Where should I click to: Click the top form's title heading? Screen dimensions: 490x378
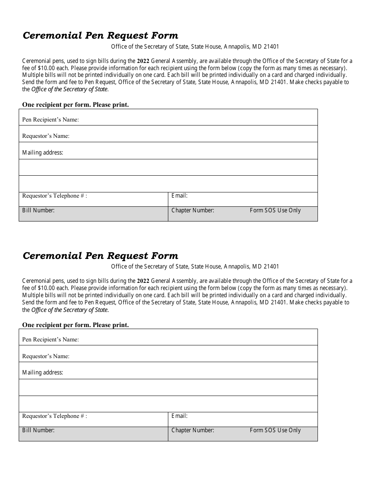click(x=100, y=35)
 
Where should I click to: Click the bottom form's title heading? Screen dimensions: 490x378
click(x=100, y=255)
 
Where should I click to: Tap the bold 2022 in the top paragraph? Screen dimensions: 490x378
click(x=143, y=61)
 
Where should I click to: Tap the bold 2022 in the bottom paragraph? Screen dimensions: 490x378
click(x=143, y=281)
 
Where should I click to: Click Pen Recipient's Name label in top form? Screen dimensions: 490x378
click(x=51, y=120)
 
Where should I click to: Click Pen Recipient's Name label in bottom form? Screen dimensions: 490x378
click(x=51, y=339)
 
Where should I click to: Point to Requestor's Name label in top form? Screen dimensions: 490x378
click(x=46, y=136)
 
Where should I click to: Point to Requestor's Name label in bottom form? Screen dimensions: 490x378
click(x=46, y=356)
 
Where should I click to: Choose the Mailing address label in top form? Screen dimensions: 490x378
click(x=43, y=153)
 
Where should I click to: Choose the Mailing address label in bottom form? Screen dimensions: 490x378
click(x=43, y=372)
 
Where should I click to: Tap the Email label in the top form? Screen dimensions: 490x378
click(x=179, y=196)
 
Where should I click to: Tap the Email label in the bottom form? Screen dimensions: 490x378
click(x=179, y=416)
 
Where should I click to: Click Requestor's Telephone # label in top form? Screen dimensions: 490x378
click(x=55, y=196)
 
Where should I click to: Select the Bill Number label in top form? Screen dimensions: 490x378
click(x=38, y=210)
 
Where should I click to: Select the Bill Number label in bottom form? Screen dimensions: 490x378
click(x=38, y=430)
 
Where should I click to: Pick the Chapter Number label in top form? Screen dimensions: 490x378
click(x=193, y=210)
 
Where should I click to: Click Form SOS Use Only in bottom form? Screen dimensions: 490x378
click(x=275, y=430)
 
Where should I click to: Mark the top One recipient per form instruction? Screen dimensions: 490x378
click(x=76, y=105)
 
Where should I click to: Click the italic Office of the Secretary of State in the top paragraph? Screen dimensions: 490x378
click(x=70, y=89)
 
